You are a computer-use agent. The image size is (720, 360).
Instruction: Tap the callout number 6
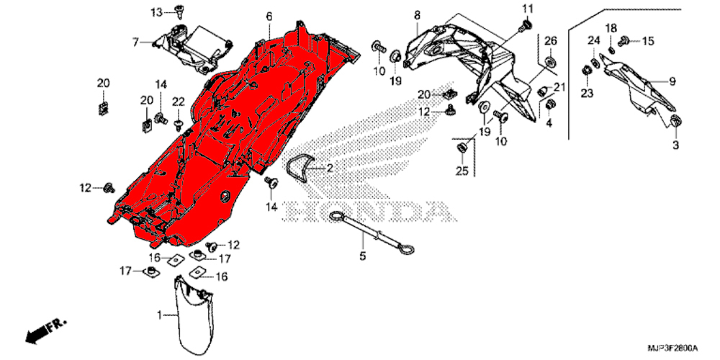tap(269, 17)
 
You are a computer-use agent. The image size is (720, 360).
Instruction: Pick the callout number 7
tap(135, 42)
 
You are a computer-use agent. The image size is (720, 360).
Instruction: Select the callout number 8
tap(417, 15)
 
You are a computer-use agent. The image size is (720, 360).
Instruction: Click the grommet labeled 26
tap(549, 61)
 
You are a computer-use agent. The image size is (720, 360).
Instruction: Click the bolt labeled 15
tap(624, 41)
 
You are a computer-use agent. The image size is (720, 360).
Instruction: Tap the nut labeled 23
tap(586, 71)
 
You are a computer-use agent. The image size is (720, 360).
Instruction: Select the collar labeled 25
tap(462, 148)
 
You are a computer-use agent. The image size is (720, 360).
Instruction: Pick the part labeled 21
tap(543, 92)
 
